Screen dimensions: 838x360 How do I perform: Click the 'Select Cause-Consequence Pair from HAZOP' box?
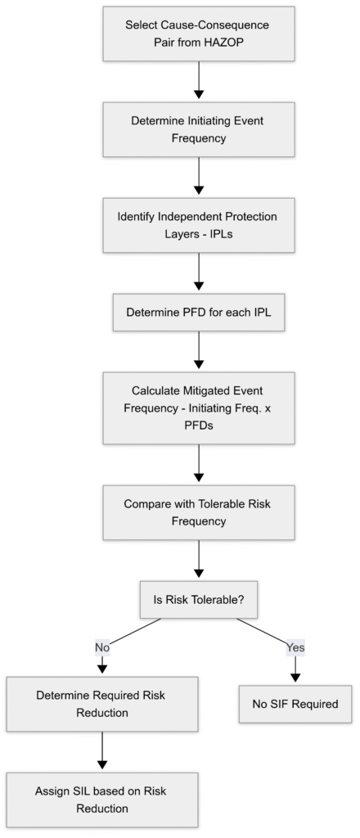197,35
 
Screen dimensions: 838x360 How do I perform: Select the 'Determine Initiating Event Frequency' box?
197,129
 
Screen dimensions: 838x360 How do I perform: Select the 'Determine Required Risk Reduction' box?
101,705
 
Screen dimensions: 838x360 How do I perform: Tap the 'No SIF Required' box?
295,704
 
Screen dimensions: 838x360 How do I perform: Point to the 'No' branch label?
101,647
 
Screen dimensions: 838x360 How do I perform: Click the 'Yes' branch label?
295,647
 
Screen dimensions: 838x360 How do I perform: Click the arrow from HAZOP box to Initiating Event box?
197,82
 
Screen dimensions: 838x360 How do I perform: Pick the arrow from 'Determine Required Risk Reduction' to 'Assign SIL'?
101,751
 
